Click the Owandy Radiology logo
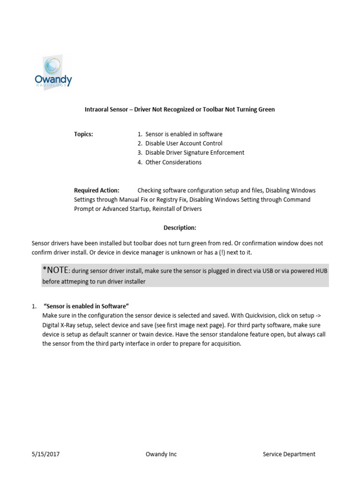(53, 73)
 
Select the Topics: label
(83, 134)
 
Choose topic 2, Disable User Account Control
(184, 143)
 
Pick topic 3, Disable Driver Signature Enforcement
(195, 153)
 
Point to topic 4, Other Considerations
(173, 162)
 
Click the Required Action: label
(97, 190)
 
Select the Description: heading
(180, 228)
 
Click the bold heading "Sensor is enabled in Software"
(86, 306)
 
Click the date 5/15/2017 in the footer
(45, 454)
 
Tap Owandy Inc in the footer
(161, 454)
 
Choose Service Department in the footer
(289, 454)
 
